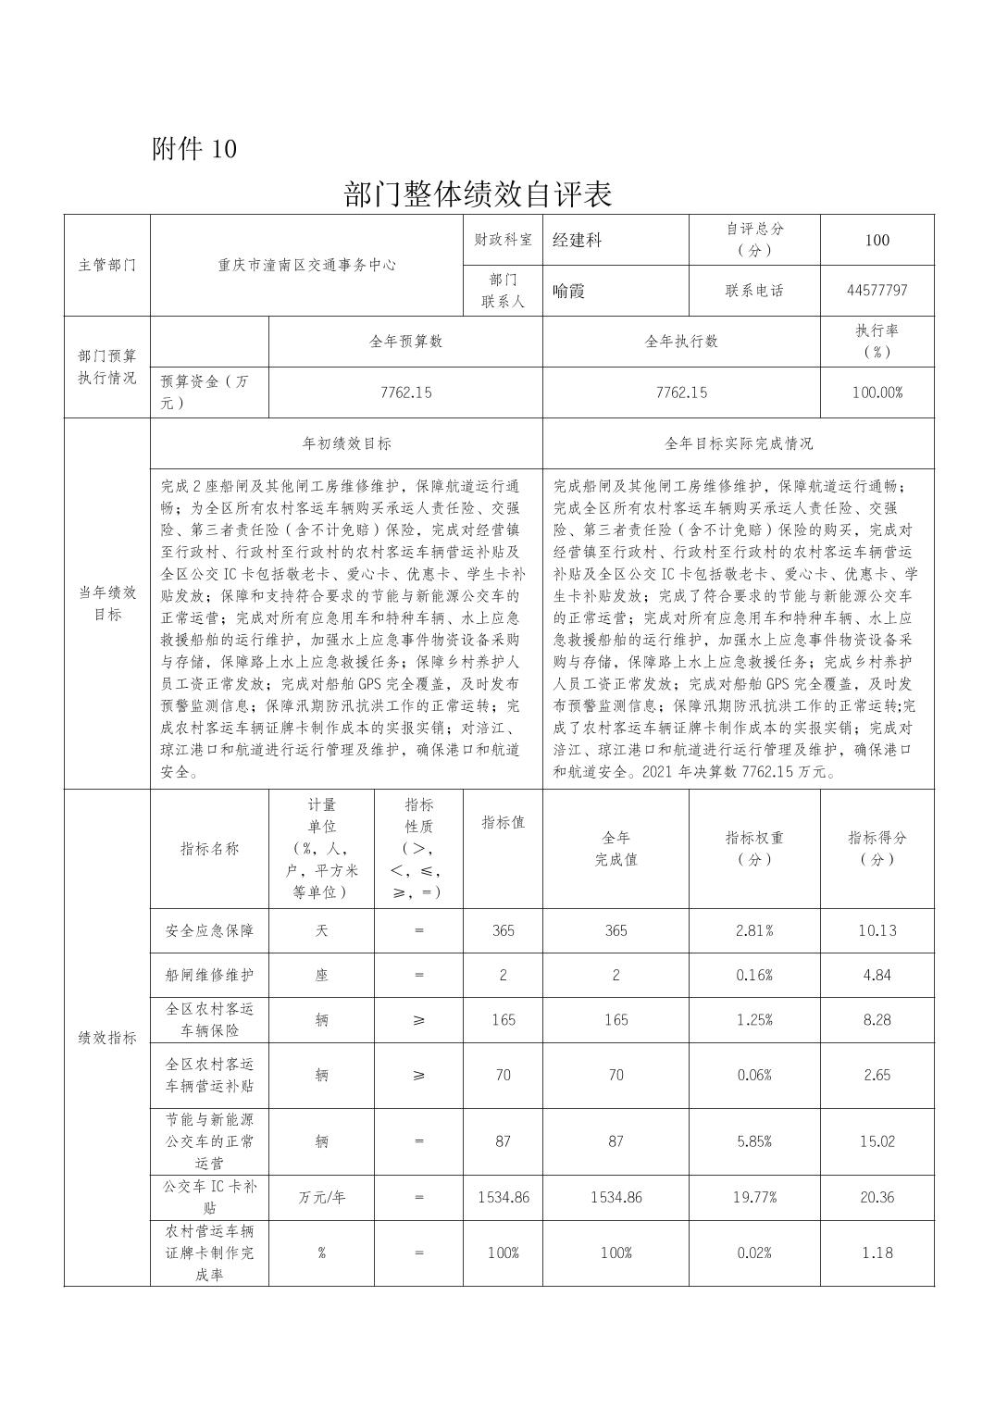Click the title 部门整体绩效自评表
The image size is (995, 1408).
tap(478, 194)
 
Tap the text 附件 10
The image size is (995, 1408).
tap(194, 148)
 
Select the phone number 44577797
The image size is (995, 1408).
tap(876, 291)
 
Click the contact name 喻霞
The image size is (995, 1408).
tap(569, 291)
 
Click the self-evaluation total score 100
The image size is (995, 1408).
tap(876, 240)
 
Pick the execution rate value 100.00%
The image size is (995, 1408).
tap(876, 392)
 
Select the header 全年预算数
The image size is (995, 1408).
tap(405, 341)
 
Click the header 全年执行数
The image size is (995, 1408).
tap(680, 341)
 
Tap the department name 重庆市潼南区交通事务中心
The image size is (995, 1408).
tap(306, 265)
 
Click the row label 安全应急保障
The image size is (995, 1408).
tap(209, 930)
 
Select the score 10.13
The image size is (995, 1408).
tap(876, 930)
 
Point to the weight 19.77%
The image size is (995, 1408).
tap(753, 1197)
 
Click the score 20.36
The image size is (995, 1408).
tap(876, 1197)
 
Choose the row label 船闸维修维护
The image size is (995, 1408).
tap(209, 975)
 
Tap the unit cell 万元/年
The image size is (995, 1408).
tap(321, 1197)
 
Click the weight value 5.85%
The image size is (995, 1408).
tap(753, 1141)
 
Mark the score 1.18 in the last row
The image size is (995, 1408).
tap(876, 1252)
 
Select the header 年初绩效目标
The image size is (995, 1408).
tap(346, 443)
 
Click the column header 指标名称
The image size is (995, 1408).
tap(209, 848)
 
